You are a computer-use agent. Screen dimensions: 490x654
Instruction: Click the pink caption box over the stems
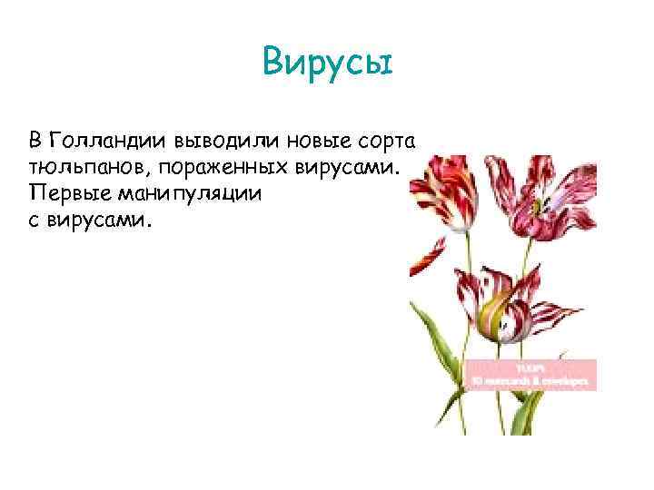tap(530, 373)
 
